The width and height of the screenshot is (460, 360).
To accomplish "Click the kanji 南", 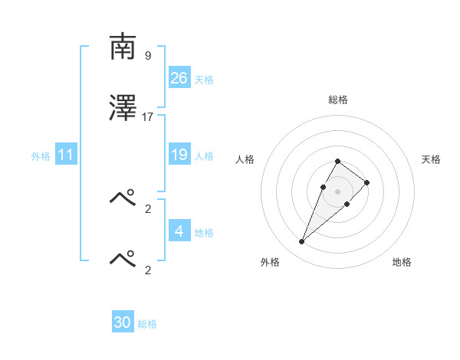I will (x=123, y=48).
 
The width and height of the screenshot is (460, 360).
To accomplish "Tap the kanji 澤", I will (x=123, y=109).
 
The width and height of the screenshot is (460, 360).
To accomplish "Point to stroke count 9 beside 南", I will (x=147, y=56).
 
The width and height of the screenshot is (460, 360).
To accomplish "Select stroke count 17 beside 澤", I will (x=148, y=116).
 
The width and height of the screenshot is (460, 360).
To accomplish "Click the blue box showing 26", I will (x=179, y=77).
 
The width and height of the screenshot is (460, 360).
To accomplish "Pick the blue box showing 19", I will (x=179, y=155).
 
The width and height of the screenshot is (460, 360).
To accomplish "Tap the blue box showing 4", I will (x=179, y=231).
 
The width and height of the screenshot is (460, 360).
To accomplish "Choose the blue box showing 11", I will (x=66, y=155).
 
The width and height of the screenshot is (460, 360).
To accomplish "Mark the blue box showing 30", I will (x=123, y=322).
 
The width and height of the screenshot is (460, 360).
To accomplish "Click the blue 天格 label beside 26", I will (x=204, y=79).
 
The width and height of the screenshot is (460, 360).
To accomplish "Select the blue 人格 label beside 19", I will (x=204, y=155).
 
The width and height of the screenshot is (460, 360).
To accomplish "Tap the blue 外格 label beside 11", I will (x=41, y=155).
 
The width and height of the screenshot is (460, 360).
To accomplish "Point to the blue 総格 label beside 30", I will (x=147, y=324).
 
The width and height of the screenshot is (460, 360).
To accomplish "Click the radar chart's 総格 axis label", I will (x=338, y=100).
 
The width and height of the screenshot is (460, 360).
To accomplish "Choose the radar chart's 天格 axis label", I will (x=432, y=159).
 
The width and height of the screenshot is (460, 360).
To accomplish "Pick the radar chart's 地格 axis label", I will (x=402, y=262).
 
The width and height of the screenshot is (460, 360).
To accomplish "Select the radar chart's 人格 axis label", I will (x=245, y=159).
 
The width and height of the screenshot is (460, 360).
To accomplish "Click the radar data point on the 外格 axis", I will (x=301, y=242).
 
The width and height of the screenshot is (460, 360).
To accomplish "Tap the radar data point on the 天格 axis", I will (x=367, y=182).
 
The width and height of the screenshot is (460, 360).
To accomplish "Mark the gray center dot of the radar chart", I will (x=338, y=191).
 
